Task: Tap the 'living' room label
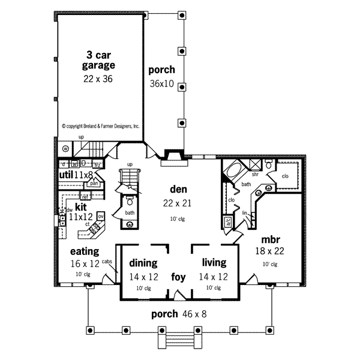tap(214, 263)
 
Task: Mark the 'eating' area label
tap(85, 251)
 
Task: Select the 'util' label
tap(66, 175)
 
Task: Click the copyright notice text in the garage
tap(100, 127)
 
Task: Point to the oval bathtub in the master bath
tap(232, 173)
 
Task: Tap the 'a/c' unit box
tap(228, 221)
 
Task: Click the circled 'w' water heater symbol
tap(65, 148)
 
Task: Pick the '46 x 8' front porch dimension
tap(197, 314)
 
